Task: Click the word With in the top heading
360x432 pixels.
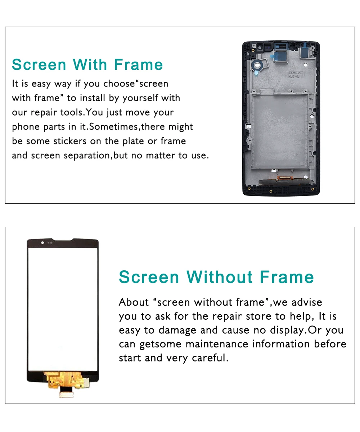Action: click(x=90, y=64)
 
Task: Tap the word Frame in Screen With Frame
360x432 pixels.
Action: click(x=138, y=64)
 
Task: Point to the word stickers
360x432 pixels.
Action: click(x=70, y=141)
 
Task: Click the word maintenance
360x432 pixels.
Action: click(x=217, y=344)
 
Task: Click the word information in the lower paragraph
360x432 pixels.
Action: click(x=281, y=344)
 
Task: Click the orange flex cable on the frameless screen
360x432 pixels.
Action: click(x=67, y=380)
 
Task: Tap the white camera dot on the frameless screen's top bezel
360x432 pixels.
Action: click(x=42, y=243)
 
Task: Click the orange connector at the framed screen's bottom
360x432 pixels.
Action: click(x=285, y=178)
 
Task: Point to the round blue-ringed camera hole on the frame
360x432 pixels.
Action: click(x=257, y=65)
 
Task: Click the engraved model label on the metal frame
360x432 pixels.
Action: click(x=296, y=75)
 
